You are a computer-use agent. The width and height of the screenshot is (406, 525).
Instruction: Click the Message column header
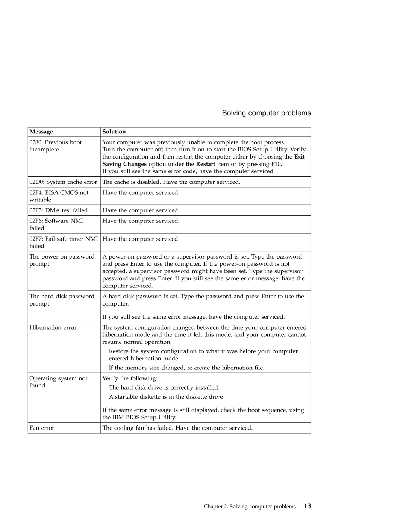(41, 132)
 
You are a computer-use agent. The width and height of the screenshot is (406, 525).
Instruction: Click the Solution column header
(114, 132)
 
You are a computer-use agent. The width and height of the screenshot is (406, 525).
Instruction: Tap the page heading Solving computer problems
(266, 113)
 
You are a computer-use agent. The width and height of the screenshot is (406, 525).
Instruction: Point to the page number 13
(307, 506)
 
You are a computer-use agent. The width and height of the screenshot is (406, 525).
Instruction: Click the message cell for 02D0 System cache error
(63, 182)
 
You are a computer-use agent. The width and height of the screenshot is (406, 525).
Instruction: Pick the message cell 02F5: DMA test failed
(58, 210)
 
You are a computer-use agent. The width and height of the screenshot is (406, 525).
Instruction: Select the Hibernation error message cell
(53, 328)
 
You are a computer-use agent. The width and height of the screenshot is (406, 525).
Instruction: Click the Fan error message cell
(42, 428)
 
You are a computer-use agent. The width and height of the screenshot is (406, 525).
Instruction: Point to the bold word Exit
(300, 157)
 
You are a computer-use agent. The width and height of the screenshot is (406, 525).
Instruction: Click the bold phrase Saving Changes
(124, 164)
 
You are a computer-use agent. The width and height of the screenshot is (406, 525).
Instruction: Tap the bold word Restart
(205, 164)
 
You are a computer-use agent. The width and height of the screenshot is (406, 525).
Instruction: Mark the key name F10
(276, 164)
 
